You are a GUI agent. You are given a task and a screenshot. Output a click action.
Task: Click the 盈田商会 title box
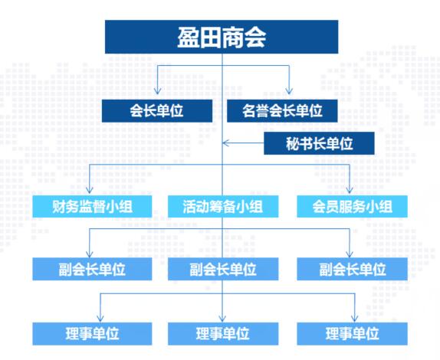[x=222, y=37]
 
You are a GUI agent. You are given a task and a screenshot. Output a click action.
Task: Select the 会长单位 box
[x=157, y=110]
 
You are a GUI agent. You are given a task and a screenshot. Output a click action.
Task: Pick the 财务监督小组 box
[x=91, y=206]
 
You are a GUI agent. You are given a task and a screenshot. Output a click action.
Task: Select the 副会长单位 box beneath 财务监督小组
[x=91, y=269]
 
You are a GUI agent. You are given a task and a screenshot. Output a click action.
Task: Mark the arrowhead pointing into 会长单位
[x=157, y=92]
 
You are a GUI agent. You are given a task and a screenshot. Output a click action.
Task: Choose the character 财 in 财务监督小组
[x=59, y=206]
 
